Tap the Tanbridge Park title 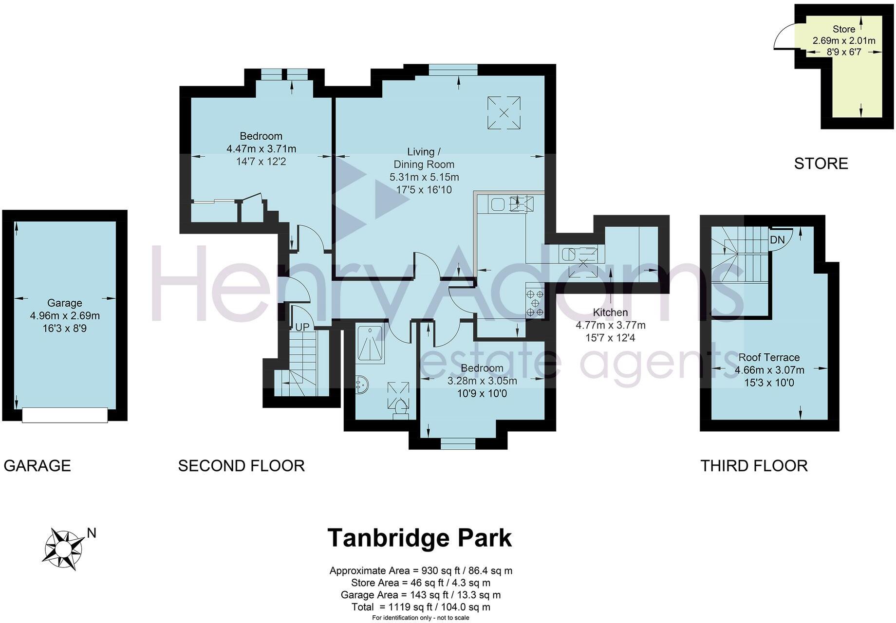pos(419,538)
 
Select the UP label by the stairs pos(302,327)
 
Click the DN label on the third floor pos(777,239)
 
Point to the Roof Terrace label pos(769,357)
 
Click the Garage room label pos(64,303)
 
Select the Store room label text pos(843,29)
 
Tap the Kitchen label pos(610,312)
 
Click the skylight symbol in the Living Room pos(504,112)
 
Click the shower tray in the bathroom pos(370,344)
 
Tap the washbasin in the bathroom pos(362,386)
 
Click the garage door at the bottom pos(65,415)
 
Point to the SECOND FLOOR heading pos(241,466)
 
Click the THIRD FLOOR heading pos(754,466)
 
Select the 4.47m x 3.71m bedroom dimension pos(261,148)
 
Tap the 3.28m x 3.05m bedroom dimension pos(482,381)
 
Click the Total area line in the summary pos(420,607)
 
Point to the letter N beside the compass pos(91,533)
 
